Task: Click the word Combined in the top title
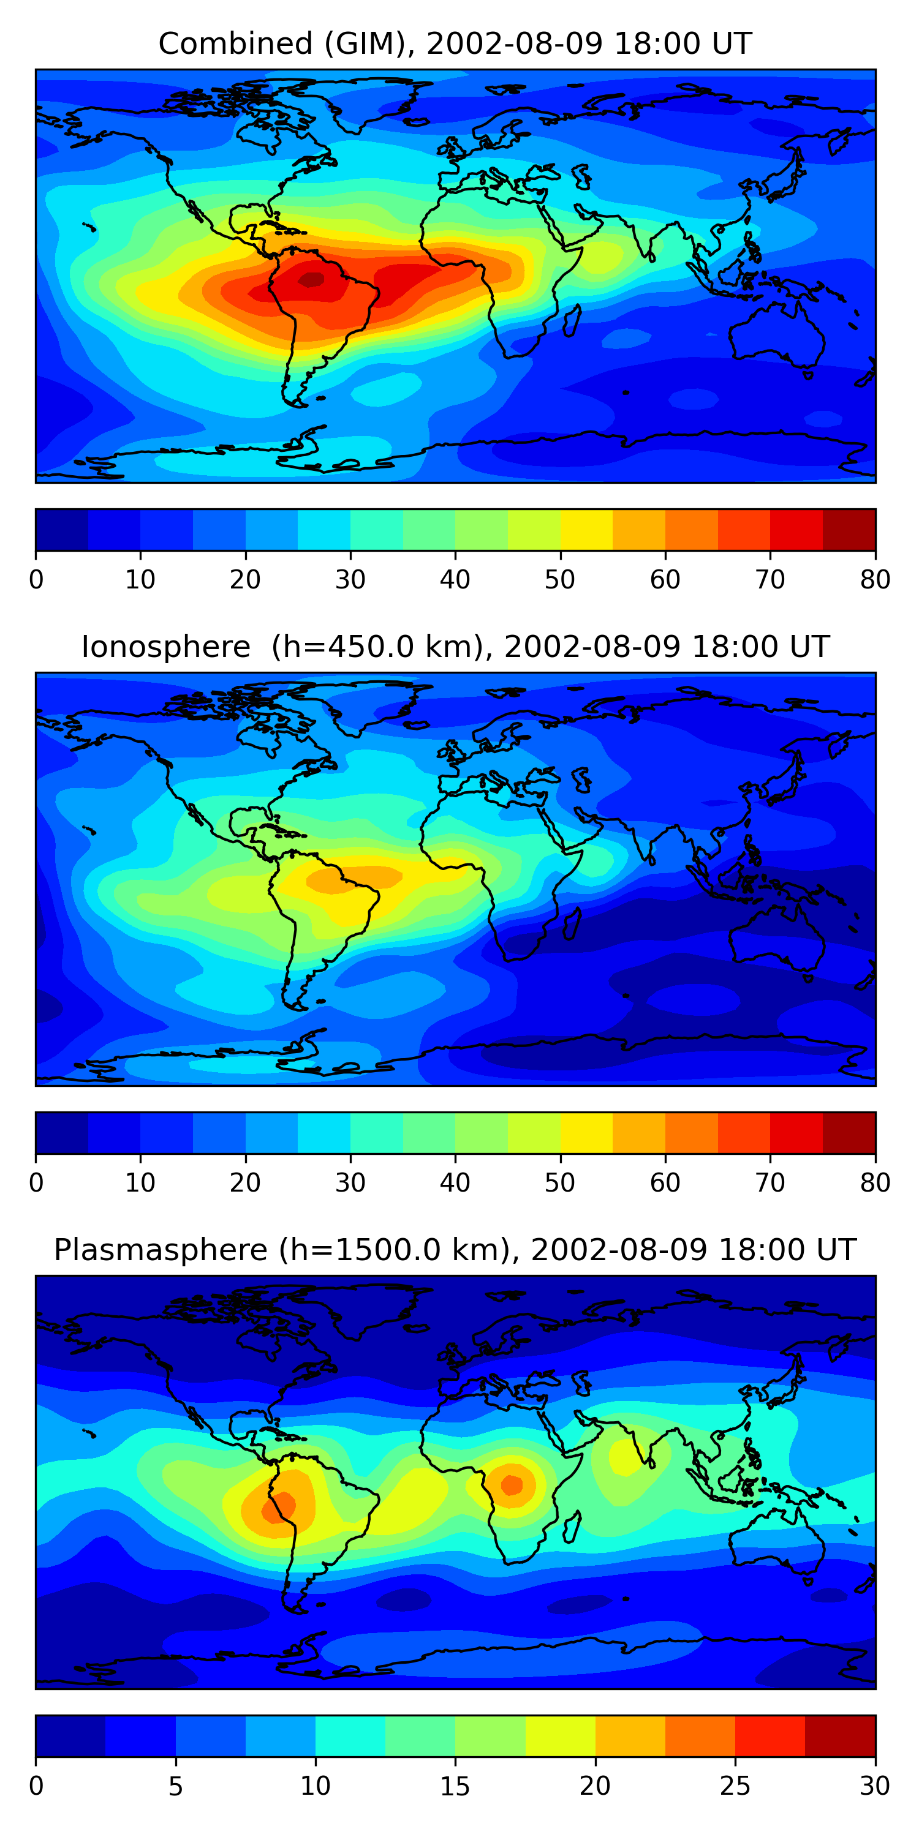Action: pos(235,43)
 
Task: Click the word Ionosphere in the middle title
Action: pos(165,647)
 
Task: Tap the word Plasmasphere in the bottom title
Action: pos(160,1250)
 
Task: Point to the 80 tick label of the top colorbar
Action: pos(875,580)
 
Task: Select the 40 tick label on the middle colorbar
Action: pos(455,1183)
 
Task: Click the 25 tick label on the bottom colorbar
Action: pos(735,1786)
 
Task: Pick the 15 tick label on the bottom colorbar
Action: pos(455,1786)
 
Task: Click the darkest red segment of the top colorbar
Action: pos(849,530)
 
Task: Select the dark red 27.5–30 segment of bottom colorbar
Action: pos(840,1737)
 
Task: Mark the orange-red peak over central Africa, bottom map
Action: pos(512,1485)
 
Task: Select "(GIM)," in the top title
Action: pos(370,43)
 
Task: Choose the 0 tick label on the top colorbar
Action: pos(36,580)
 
